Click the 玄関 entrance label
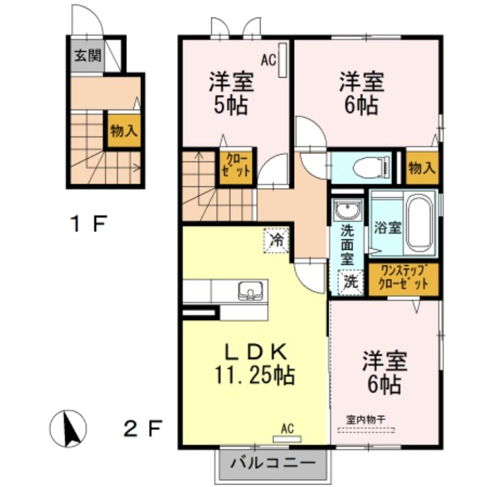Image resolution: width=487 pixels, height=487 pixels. tap(88, 56)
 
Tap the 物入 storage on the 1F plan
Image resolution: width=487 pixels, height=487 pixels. tap(124, 131)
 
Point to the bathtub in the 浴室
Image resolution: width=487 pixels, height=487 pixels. tap(419, 223)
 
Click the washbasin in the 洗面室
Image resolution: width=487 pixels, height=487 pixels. tap(347, 210)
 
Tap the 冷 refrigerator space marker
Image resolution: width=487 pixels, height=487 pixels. tap(276, 240)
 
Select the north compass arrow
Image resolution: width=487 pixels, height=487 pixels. tap(68, 429)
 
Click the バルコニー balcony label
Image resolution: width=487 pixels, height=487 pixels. tap(273, 463)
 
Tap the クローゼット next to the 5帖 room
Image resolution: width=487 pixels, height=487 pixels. tap(237, 167)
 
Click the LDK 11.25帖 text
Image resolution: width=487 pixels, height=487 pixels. tap(254, 365)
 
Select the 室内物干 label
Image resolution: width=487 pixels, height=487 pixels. tap(366, 420)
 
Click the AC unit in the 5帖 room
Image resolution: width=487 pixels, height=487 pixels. tap(282, 60)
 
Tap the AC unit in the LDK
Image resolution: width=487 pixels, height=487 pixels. tap(287, 439)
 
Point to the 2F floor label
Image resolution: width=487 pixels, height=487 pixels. tap(143, 429)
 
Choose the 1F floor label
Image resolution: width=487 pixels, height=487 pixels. tap(89, 223)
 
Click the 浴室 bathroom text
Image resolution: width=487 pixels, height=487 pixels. tap(388, 228)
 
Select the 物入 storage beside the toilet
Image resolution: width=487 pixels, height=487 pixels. tap(422, 168)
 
